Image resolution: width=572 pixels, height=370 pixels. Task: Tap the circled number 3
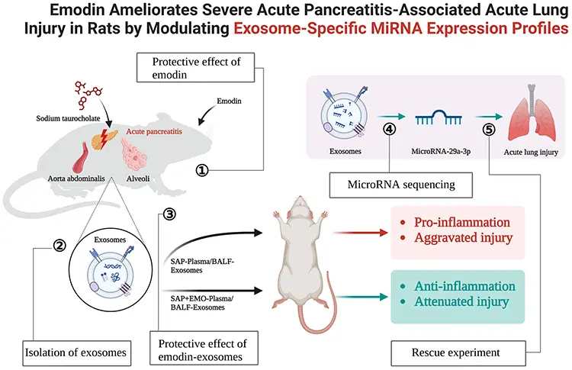(170, 214)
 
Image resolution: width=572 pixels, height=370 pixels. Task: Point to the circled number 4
(390, 128)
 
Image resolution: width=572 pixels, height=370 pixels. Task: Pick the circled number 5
(489, 128)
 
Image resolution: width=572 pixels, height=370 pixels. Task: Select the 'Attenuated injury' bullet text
(460, 303)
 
